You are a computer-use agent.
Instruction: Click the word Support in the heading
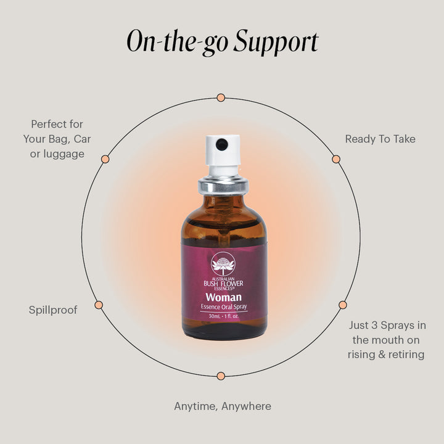click(276, 42)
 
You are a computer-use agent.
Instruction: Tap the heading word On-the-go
click(178, 42)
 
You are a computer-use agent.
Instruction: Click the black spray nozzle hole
click(222, 144)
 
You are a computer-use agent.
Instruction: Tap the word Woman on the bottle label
click(224, 297)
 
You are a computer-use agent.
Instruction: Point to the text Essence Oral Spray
click(224, 306)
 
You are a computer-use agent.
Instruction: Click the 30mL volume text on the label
click(215, 316)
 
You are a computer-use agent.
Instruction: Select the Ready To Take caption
click(380, 139)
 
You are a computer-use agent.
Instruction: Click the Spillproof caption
click(53, 310)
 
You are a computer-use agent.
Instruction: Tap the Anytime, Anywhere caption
click(223, 406)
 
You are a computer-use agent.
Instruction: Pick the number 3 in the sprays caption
click(375, 325)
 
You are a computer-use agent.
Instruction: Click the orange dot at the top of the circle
click(221, 98)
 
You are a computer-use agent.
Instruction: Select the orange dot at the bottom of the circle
click(221, 376)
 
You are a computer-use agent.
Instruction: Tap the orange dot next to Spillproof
click(99, 305)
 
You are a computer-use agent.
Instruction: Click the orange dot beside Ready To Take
click(336, 159)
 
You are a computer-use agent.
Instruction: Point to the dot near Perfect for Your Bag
click(105, 159)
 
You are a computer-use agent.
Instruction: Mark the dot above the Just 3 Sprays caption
click(343, 305)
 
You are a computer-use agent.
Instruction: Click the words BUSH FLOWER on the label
click(223, 284)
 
